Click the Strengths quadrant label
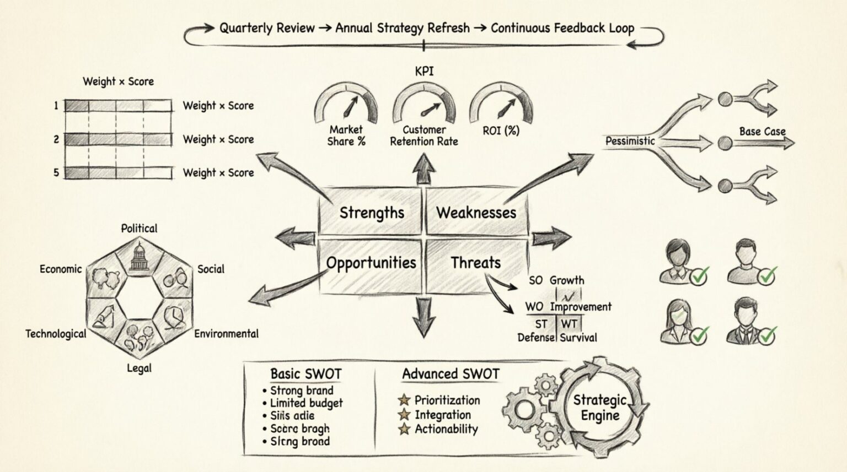[372, 213]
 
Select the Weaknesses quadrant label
[476, 213]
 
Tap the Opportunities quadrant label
[371, 263]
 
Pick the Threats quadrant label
[475, 263]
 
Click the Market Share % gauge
[346, 105]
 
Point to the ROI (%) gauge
[501, 105]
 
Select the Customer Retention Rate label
[423, 135]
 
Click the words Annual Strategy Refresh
[403, 28]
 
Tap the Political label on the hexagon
[139, 228]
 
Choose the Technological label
[56, 334]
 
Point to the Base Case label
[762, 131]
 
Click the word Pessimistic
[630, 141]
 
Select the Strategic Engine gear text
[600, 408]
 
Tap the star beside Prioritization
[405, 400]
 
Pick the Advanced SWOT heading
[451, 374]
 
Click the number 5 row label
[56, 172]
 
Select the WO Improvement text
[568, 307]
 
